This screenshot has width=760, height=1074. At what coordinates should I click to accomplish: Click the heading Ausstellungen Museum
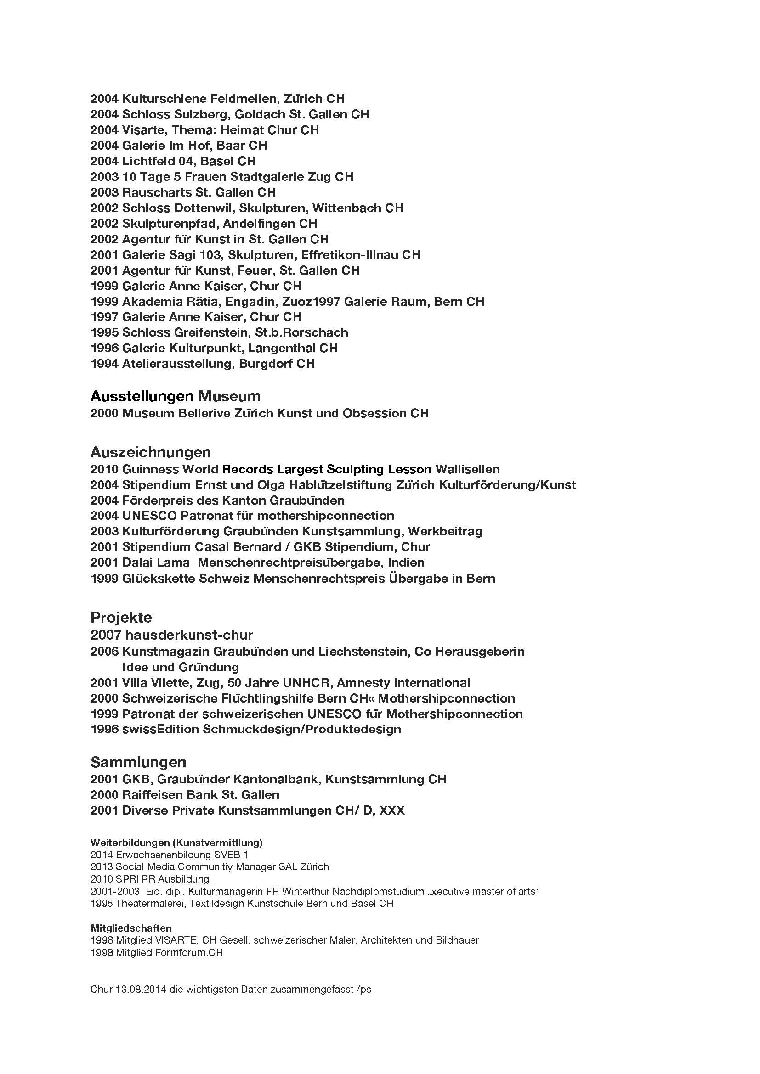click(x=175, y=396)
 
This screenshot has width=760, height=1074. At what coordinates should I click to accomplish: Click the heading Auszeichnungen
click(x=150, y=452)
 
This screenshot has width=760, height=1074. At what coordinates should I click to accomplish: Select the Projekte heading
click(x=121, y=618)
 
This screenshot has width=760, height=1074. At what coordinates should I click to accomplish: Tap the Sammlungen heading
click(x=138, y=762)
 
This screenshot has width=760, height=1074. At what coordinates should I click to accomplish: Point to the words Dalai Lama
click(x=156, y=562)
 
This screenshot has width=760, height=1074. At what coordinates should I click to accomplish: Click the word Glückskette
click(x=158, y=579)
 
